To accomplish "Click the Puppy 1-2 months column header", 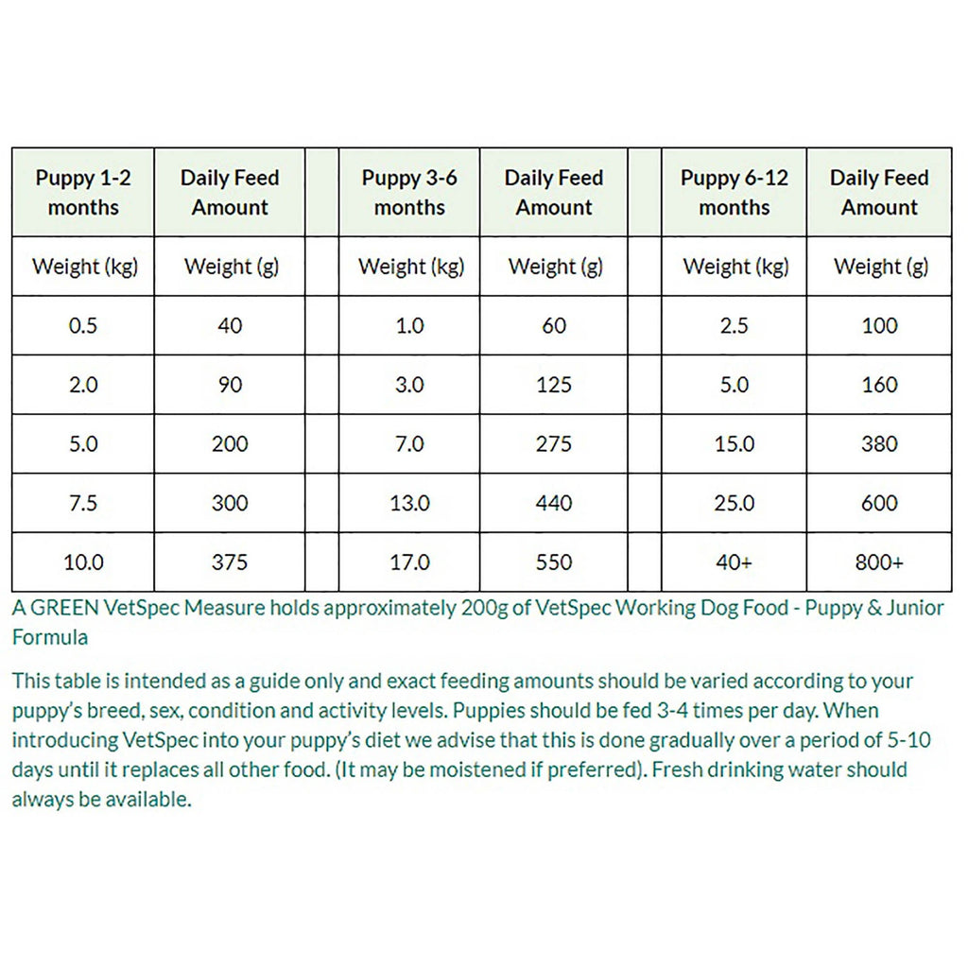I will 83,192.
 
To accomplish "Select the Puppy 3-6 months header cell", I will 409,192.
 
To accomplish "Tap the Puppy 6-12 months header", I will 735,192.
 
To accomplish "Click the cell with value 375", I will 230,562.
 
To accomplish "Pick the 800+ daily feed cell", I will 879,562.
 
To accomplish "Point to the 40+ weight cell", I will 735,562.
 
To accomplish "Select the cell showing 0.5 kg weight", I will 83,326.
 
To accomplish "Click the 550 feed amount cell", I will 554,562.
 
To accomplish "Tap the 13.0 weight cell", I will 409,503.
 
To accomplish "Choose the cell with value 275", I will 554,443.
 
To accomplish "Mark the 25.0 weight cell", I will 735,503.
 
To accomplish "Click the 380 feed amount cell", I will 879,443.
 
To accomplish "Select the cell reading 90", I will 230,385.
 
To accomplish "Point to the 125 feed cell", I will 554,385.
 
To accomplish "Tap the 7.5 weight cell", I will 83,503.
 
